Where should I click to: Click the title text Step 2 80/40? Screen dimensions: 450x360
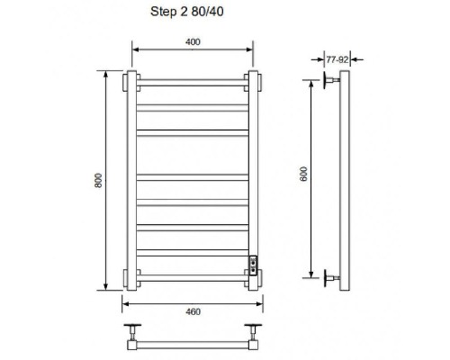pos(187,12)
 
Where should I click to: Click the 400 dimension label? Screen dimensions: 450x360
pos(193,42)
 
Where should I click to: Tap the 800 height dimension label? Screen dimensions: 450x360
pos(98,180)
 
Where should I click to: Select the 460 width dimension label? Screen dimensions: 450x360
pos(193,312)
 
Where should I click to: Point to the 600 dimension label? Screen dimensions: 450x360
pos(303,174)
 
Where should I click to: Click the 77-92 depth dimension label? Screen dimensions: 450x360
pos(337,60)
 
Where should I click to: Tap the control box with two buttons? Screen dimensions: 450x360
pos(254,265)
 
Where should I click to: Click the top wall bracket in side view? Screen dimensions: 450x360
pos(331,80)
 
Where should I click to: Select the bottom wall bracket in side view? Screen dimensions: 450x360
pos(331,278)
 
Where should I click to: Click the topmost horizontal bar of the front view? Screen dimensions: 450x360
pos(193,83)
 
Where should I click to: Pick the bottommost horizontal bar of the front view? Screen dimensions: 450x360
pos(193,278)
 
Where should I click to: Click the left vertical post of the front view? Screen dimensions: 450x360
pos(131,181)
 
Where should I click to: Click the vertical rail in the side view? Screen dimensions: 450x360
pos(345,181)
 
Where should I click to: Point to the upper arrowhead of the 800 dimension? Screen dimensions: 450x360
pos(105,74)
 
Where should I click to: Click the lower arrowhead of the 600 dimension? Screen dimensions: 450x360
pos(311,274)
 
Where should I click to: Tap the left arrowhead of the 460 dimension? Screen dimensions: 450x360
pos(125,304)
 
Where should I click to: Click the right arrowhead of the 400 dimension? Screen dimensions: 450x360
pos(249,49)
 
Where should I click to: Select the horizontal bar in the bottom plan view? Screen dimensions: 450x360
pos(193,345)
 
